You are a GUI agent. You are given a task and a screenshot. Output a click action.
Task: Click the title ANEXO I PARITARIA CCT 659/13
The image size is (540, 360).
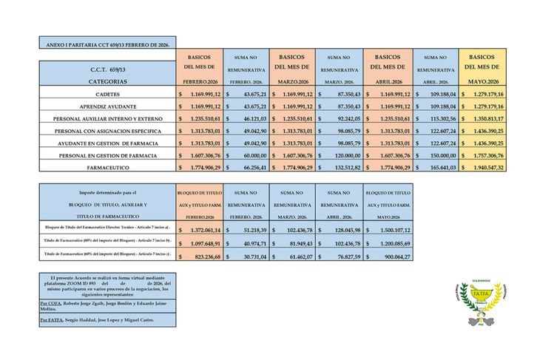point(107,45)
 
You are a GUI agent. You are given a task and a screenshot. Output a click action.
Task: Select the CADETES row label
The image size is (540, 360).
point(109,95)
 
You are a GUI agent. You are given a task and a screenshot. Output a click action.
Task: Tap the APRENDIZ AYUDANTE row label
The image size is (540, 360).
point(109,106)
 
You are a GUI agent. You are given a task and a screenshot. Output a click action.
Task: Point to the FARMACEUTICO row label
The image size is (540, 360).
point(109,168)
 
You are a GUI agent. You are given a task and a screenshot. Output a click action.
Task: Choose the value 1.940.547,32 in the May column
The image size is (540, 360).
point(485,168)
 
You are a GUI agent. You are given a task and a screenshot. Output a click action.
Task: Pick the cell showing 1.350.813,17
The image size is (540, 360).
point(485,118)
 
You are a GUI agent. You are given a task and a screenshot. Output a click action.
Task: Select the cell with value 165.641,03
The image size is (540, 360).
point(439,168)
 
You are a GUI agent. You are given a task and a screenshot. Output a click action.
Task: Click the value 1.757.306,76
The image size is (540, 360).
point(485,155)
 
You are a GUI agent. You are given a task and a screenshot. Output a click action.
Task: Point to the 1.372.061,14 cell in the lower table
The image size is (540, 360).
point(200,230)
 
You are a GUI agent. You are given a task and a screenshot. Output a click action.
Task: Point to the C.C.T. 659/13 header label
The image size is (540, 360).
point(109,69)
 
